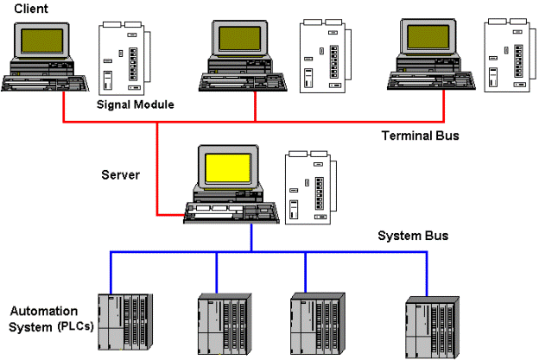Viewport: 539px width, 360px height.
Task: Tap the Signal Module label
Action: point(136,104)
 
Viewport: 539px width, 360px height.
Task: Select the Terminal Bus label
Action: point(421,136)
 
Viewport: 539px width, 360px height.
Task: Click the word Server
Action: point(120,175)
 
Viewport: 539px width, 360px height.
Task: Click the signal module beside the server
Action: point(307,189)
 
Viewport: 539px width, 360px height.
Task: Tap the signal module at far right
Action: point(505,54)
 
